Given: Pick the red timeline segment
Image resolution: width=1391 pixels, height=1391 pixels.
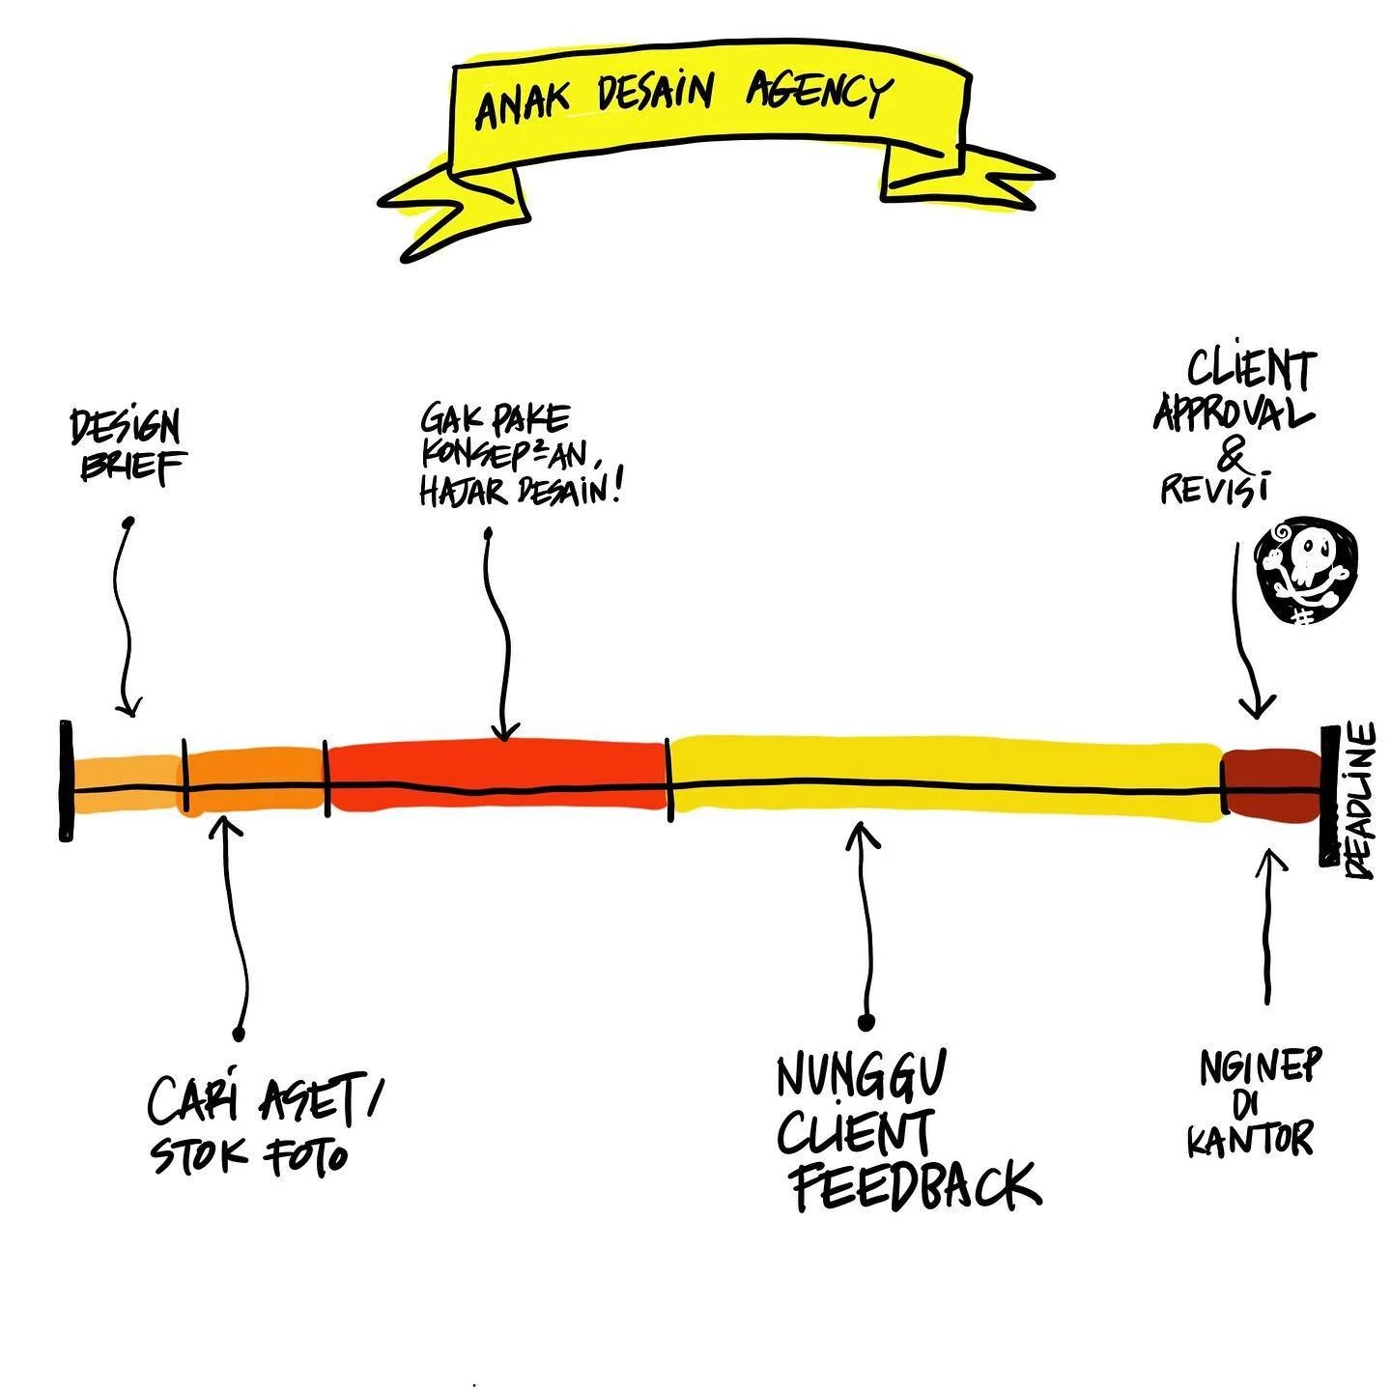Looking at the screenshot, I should point(497,775).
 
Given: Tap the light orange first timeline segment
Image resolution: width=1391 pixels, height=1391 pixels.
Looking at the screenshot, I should point(126,783).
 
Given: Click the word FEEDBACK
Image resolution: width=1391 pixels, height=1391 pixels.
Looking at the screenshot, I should point(916,1187).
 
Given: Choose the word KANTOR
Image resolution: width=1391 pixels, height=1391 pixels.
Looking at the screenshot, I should point(1250,1140).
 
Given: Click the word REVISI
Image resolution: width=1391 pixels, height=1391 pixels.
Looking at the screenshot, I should point(1213,489).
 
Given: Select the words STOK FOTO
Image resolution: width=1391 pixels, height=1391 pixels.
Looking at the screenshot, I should point(249,1155).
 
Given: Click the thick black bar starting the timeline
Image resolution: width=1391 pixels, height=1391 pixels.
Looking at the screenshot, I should point(66,781).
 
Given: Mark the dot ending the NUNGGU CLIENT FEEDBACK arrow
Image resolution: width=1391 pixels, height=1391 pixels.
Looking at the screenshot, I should point(866,1022).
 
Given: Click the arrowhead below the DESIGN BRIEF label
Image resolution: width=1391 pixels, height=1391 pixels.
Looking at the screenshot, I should point(128,707).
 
